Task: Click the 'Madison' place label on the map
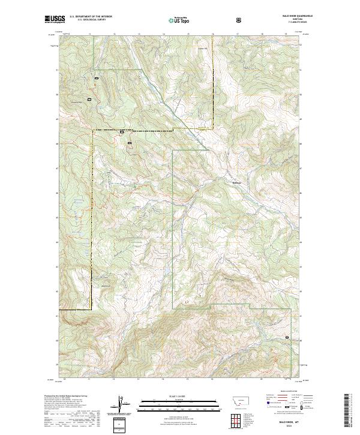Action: pyautogui.click(x=236, y=182)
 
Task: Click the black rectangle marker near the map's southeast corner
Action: pyautogui.click(x=287, y=338)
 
